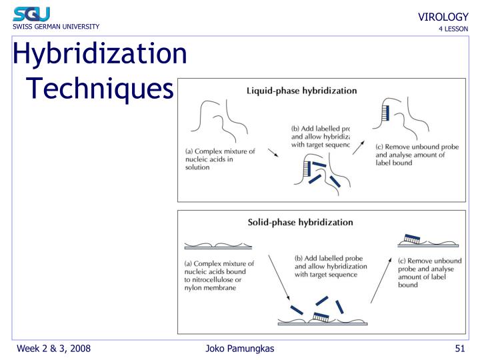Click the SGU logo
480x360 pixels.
coord(31,13)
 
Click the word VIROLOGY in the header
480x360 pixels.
coord(443,17)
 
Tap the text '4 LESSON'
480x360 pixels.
coord(453,29)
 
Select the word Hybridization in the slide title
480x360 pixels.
coord(100,53)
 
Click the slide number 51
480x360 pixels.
coord(459,349)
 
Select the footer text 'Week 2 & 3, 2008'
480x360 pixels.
coord(53,349)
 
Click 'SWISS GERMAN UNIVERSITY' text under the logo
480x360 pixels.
coord(55,27)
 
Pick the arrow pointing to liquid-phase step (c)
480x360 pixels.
coord(359,147)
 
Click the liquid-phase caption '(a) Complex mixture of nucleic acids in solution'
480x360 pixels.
coord(219,159)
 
